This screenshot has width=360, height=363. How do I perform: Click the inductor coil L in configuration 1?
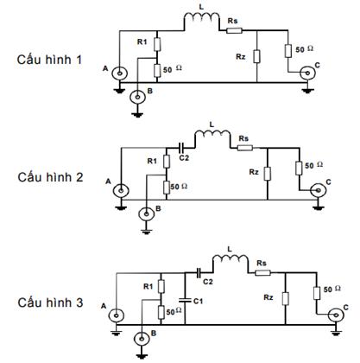click(x=201, y=18)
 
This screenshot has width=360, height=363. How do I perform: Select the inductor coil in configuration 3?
click(x=229, y=260)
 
